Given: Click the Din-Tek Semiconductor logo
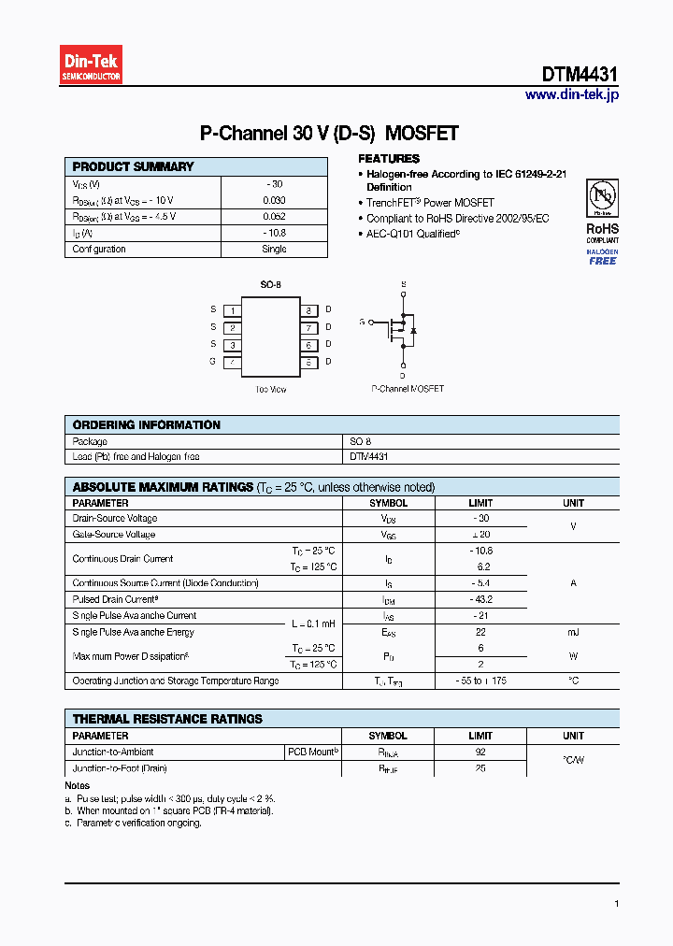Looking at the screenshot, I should (x=91, y=64).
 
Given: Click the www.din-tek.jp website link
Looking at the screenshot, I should (x=571, y=94).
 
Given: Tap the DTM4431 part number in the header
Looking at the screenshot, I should (x=580, y=75).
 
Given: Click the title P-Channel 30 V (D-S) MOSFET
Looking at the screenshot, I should (x=329, y=134).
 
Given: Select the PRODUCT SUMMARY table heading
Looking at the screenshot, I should (x=133, y=166).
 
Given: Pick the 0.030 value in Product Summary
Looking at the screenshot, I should (x=274, y=200).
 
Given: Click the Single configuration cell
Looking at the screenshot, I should (x=274, y=249).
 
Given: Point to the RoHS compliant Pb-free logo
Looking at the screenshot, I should (x=602, y=210).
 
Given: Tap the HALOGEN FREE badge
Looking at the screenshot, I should (x=602, y=257).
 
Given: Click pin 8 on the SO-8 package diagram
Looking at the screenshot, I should (x=308, y=309).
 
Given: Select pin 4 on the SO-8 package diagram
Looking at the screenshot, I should (x=232, y=362).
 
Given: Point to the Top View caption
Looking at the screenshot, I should (x=270, y=389).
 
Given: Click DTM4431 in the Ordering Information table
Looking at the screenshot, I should (x=369, y=456).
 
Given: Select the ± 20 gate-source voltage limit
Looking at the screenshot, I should (x=481, y=534).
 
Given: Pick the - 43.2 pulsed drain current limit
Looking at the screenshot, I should (x=481, y=599).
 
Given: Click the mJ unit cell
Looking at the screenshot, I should (x=573, y=632).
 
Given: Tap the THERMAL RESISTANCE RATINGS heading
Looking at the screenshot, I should (x=167, y=719).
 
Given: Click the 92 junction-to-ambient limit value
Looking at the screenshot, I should (x=480, y=752).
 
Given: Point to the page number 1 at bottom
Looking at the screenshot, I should (x=617, y=904).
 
